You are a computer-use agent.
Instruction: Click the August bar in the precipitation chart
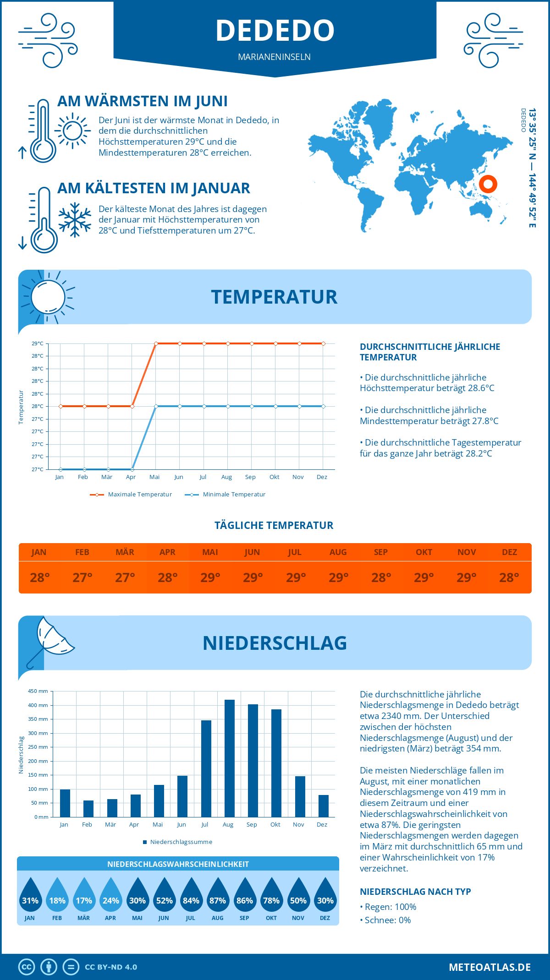pos(229,758)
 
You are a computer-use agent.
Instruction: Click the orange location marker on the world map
pos(488,184)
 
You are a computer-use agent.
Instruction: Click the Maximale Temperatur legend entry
pos(131,495)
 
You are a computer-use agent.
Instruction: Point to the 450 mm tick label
pos(38,691)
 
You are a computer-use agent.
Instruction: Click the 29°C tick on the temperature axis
pos(38,343)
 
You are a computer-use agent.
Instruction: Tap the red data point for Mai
pos(156,343)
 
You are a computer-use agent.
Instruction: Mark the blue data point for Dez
pos(323,406)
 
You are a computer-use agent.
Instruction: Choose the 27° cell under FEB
pos(82,577)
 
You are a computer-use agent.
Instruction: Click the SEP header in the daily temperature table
pos(381,552)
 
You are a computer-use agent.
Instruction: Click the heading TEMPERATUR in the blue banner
pos(274,297)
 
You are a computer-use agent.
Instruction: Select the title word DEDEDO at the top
pos(275,30)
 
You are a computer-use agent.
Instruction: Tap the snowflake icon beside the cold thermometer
pos(75,219)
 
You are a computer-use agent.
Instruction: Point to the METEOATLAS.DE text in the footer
pos(489,967)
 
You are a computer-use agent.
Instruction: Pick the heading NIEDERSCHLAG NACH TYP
pos(415,892)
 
